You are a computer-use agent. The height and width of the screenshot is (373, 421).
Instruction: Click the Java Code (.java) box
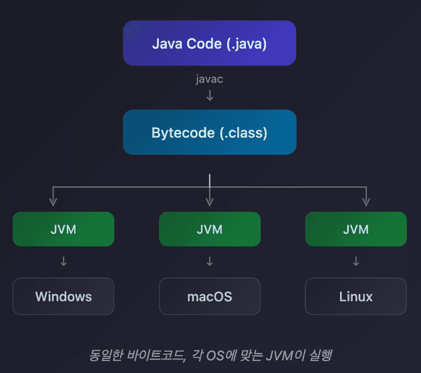(x=209, y=43)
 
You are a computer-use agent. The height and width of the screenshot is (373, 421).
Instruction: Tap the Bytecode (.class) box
(x=209, y=132)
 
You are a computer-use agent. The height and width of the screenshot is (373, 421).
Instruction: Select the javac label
(x=209, y=79)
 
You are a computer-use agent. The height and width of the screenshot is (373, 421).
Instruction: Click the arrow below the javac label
(x=209, y=95)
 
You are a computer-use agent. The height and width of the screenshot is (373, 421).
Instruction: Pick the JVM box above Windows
(x=63, y=229)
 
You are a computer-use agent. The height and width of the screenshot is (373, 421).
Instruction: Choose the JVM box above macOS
(x=209, y=229)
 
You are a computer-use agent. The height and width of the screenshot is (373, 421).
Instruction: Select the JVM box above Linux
(x=356, y=229)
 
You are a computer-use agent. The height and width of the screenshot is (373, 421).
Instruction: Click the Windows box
(x=63, y=296)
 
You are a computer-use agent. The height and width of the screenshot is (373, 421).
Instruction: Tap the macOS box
(x=209, y=296)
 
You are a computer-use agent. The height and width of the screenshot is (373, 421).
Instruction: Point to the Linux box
(x=356, y=296)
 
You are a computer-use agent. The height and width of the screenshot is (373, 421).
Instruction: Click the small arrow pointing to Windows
(x=63, y=261)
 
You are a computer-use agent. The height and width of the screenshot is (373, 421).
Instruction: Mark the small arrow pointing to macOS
(x=209, y=261)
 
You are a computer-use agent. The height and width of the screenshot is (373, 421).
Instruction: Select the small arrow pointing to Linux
(x=356, y=261)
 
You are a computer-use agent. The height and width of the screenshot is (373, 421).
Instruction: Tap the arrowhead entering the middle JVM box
(x=209, y=202)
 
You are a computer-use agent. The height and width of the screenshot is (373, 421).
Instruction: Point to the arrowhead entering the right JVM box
(x=366, y=202)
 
